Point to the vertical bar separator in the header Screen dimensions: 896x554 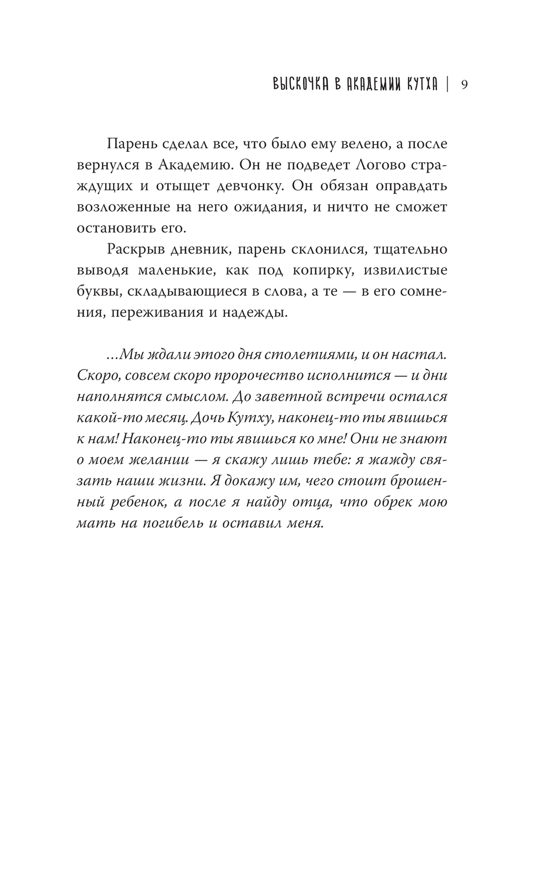[x=447, y=85]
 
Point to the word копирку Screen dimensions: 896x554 [x=320, y=270]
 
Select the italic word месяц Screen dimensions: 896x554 [x=200, y=418]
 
